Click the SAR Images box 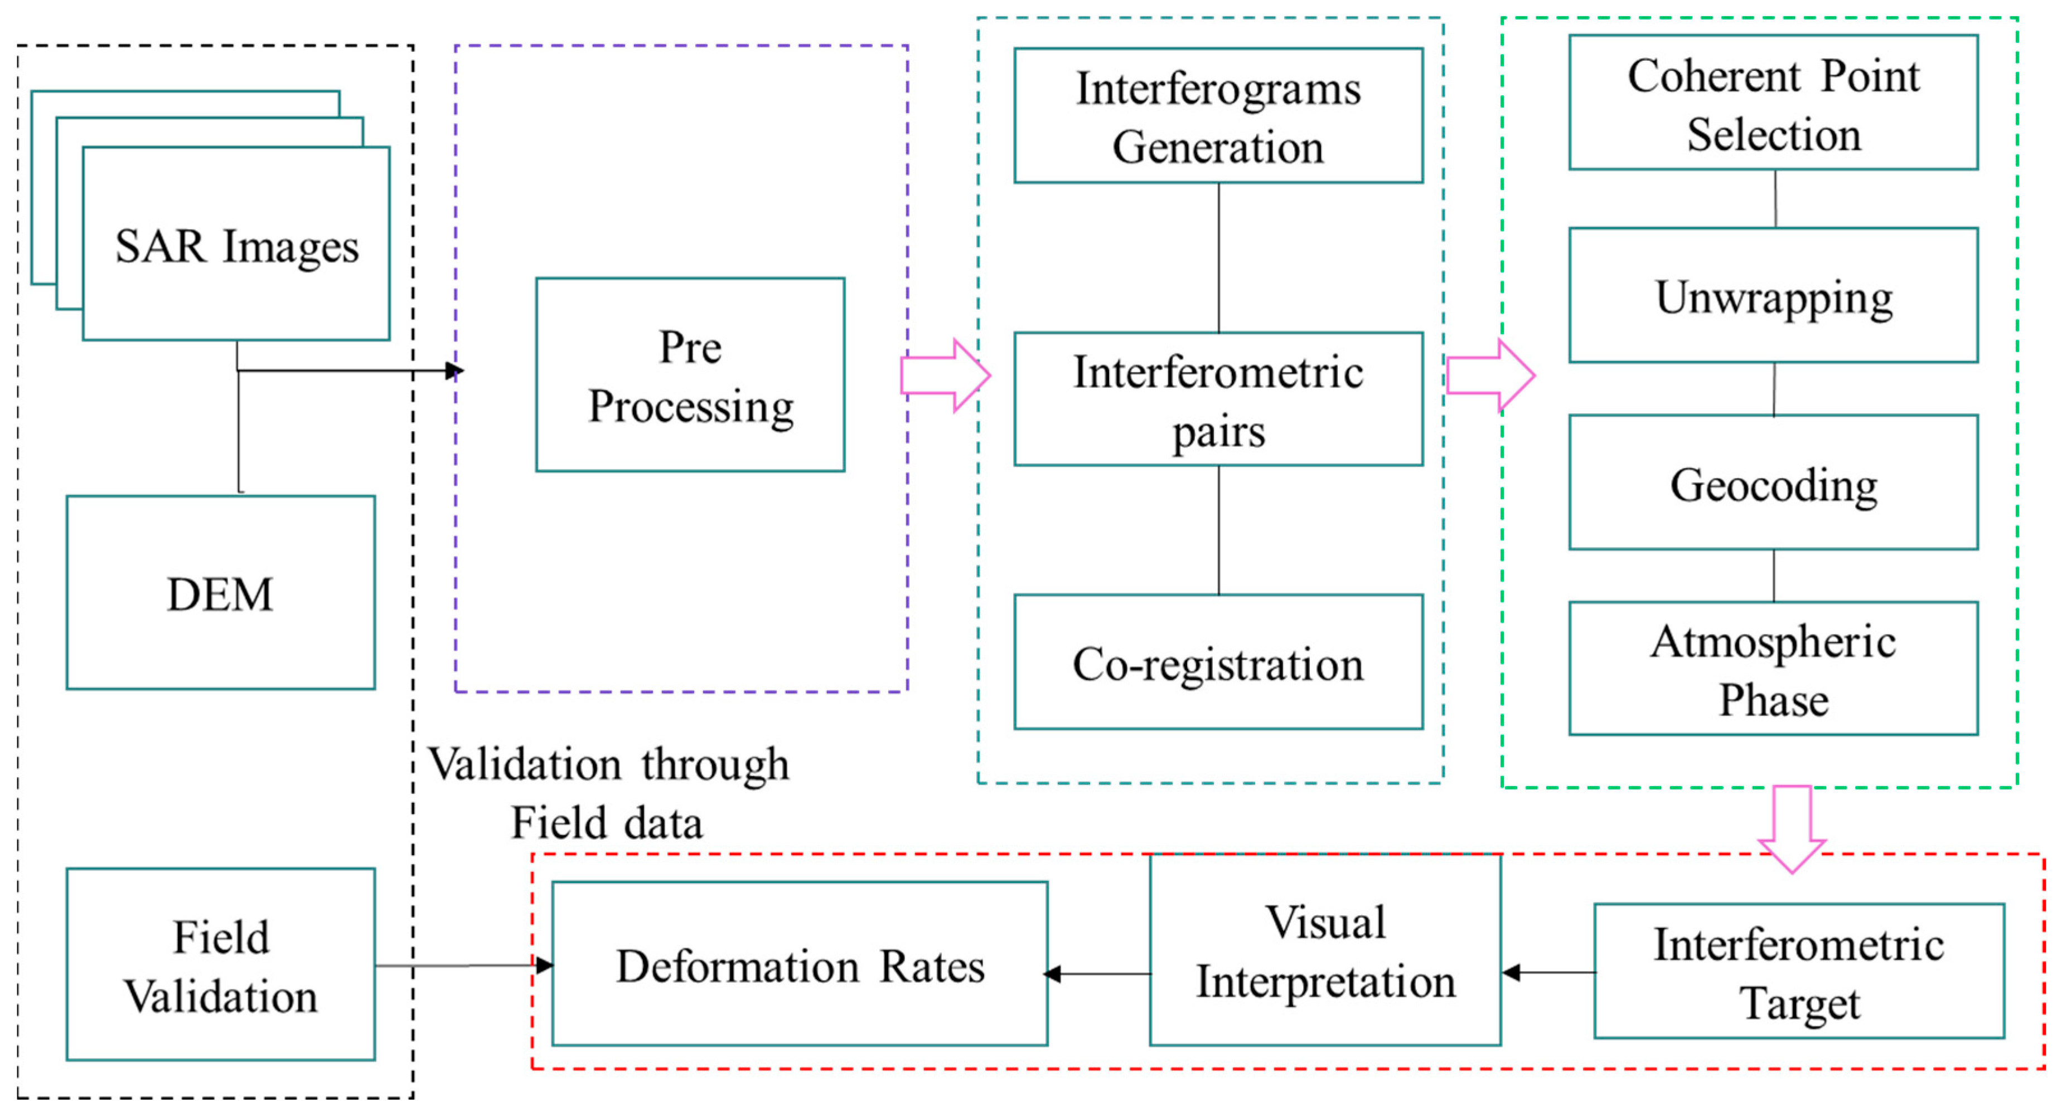(236, 244)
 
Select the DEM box (220, 593)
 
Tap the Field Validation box (220, 965)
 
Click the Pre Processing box (690, 374)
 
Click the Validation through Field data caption (608, 793)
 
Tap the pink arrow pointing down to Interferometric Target (1792, 828)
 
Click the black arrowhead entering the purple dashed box (454, 370)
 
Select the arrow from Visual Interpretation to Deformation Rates (1097, 974)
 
